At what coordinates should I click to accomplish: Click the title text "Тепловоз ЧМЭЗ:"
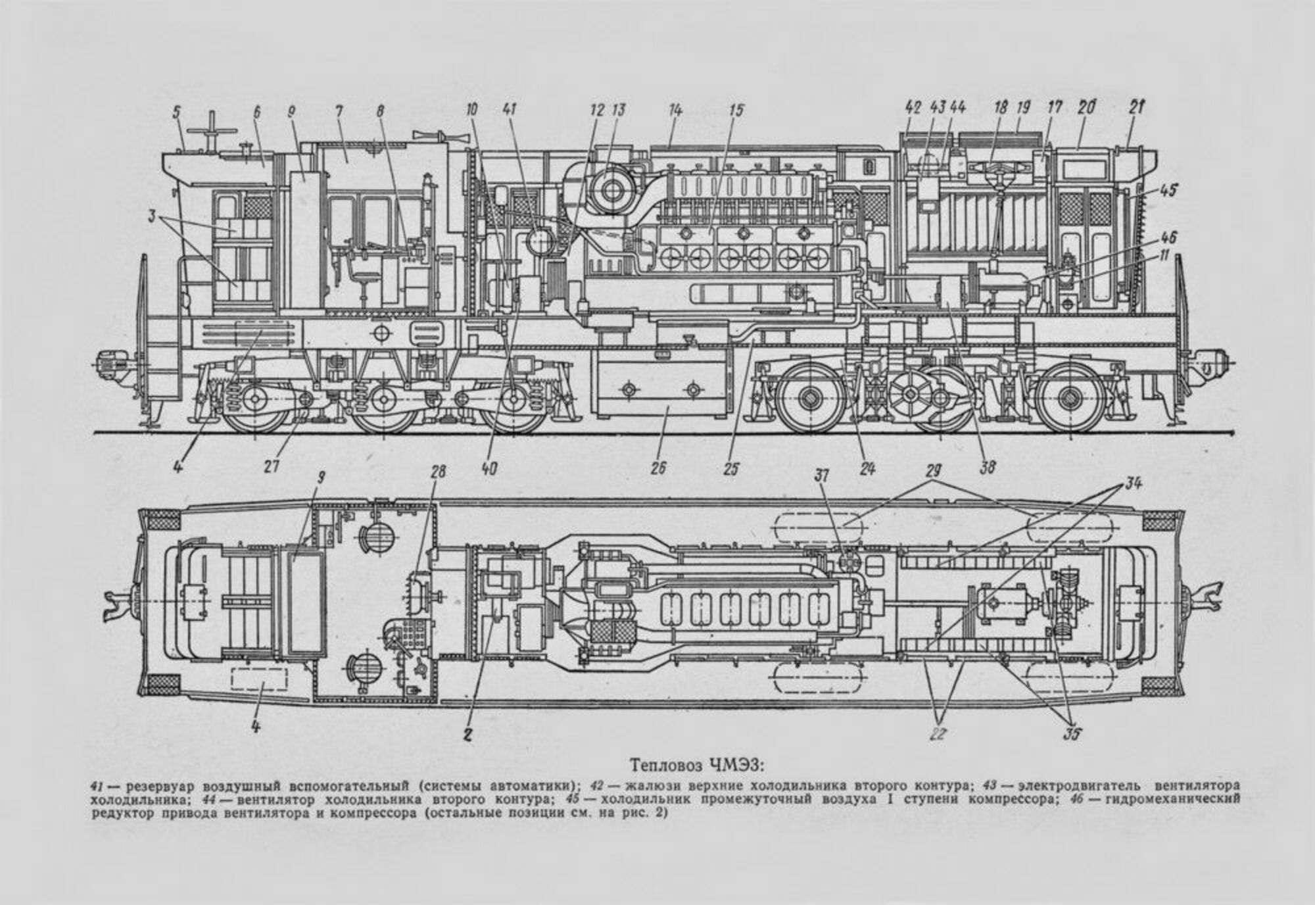(x=698, y=765)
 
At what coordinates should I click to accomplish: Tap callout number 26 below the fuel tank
(x=658, y=468)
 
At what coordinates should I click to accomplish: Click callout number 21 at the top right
(x=1136, y=108)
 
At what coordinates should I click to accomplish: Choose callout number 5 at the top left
(x=177, y=111)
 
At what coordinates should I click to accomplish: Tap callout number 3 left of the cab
(x=153, y=215)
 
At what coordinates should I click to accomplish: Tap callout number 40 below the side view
(x=490, y=468)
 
